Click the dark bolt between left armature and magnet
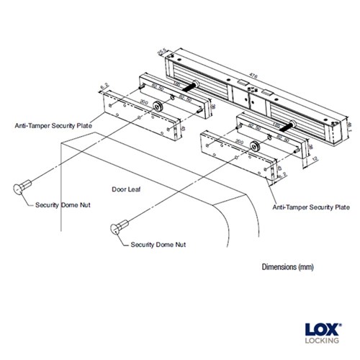tap(192, 86)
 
